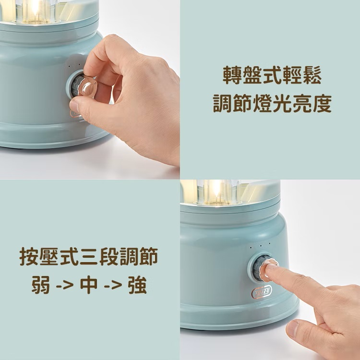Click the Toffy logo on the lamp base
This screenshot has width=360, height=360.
262,292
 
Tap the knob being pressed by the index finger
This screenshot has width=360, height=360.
264,267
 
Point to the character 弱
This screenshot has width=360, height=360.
41,285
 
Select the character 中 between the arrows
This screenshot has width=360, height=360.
89,285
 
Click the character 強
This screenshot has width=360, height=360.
138,285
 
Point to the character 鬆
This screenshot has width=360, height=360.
312,75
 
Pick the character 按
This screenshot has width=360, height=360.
29,256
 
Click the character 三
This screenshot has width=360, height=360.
89,256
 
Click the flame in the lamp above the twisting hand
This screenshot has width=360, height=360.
35,9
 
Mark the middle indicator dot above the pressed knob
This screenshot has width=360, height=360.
261,246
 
